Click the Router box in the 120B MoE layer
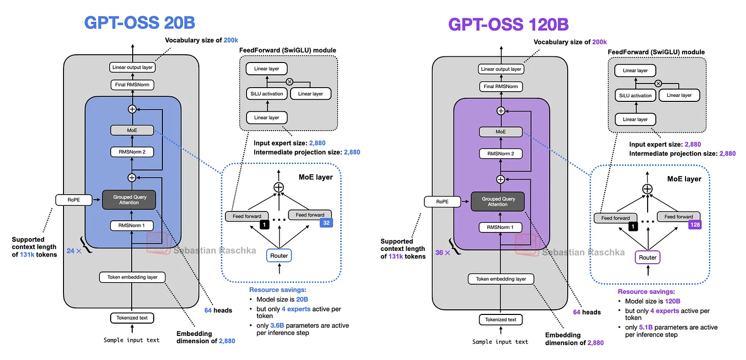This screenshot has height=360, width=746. [648, 257]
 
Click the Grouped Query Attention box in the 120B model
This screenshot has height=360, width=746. [498, 201]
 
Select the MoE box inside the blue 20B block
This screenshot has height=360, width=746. [132, 131]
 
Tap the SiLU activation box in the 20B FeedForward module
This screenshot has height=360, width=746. [266, 94]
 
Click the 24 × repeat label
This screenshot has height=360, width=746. [74, 251]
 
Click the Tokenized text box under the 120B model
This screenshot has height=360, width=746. [501, 320]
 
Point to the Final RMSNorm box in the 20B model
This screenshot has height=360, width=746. [132, 85]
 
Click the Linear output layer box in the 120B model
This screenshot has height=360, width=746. [501, 69]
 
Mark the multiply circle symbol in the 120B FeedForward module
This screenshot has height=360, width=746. [658, 83]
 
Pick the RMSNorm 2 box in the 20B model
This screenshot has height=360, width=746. [132, 152]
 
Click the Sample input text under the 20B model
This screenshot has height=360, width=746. [132, 340]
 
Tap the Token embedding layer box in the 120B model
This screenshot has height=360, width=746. [501, 279]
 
